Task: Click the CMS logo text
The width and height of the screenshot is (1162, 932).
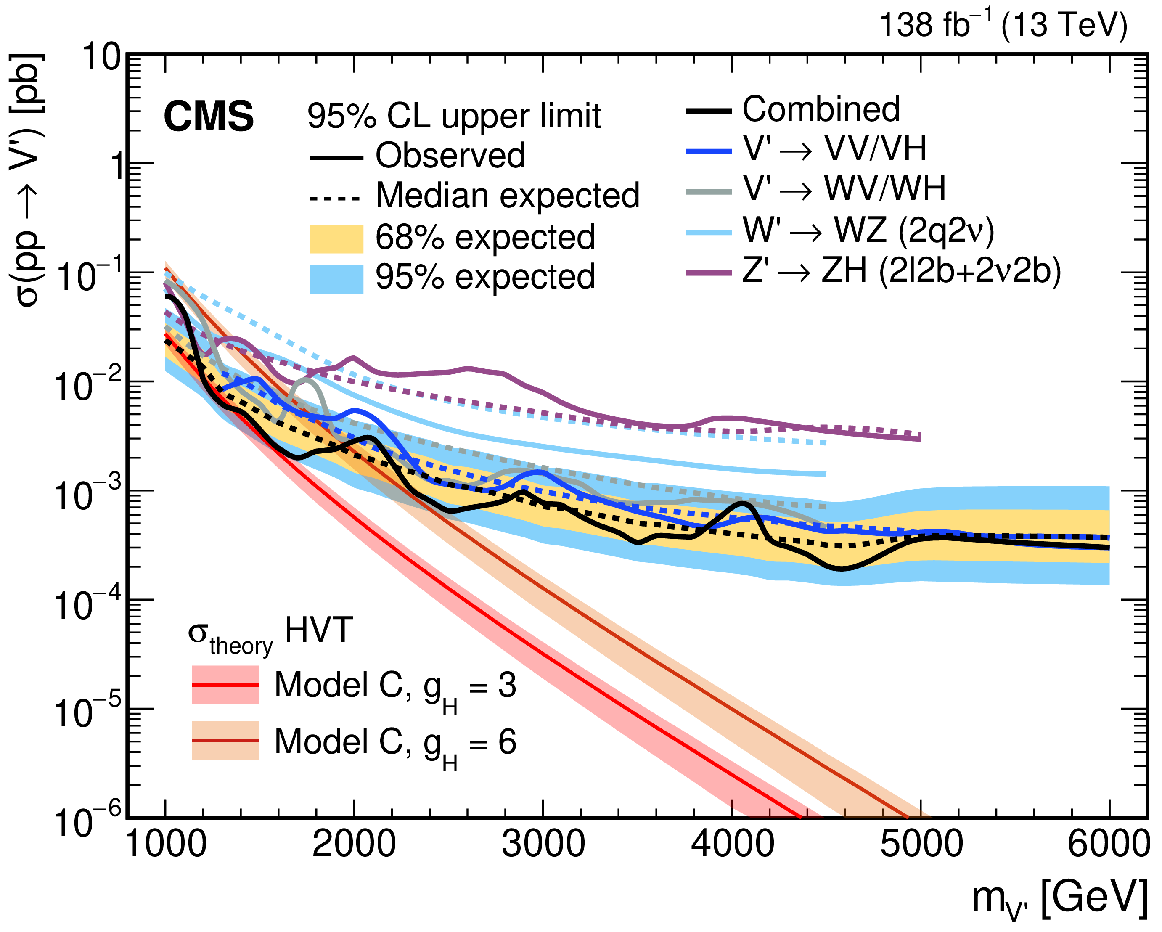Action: point(209,116)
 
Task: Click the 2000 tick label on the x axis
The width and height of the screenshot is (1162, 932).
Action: point(354,844)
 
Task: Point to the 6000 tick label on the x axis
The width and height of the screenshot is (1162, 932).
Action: point(1108,844)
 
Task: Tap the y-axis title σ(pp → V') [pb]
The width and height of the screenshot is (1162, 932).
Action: point(27,180)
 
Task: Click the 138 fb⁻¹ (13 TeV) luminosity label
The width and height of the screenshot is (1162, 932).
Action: point(1003,25)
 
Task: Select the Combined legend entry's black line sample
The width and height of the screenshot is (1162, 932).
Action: point(708,111)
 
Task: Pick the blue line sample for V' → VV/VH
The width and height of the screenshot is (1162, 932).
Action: point(708,152)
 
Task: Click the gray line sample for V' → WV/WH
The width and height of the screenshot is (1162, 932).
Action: point(708,192)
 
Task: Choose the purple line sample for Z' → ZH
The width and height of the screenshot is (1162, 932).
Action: point(708,274)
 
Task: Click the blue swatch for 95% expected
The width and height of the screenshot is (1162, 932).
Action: point(336,279)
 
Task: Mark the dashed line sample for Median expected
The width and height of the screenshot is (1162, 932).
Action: point(335,199)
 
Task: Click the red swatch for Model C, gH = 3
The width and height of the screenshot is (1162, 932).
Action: point(225,685)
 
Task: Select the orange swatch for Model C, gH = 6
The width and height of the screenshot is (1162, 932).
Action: point(225,740)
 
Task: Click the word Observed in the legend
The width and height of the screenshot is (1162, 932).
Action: point(450,156)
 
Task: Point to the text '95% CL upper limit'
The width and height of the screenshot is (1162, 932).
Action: point(454,116)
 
